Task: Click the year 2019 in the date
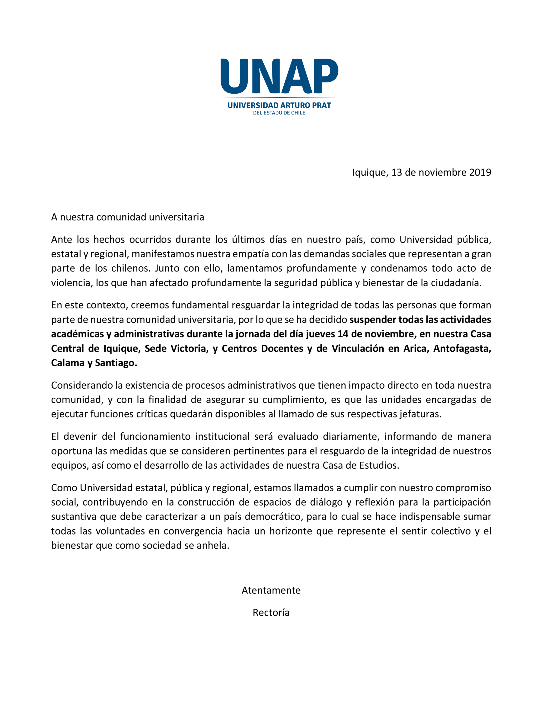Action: point(480,172)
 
